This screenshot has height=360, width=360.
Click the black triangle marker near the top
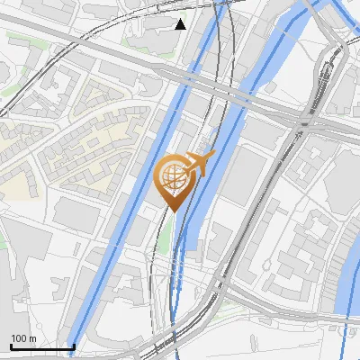(x=181, y=23)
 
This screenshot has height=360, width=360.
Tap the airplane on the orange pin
(x=200, y=165)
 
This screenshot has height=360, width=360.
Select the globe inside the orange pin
(x=173, y=176)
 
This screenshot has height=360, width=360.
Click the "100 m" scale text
(x=23, y=338)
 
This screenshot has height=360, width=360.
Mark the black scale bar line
(x=41, y=346)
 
